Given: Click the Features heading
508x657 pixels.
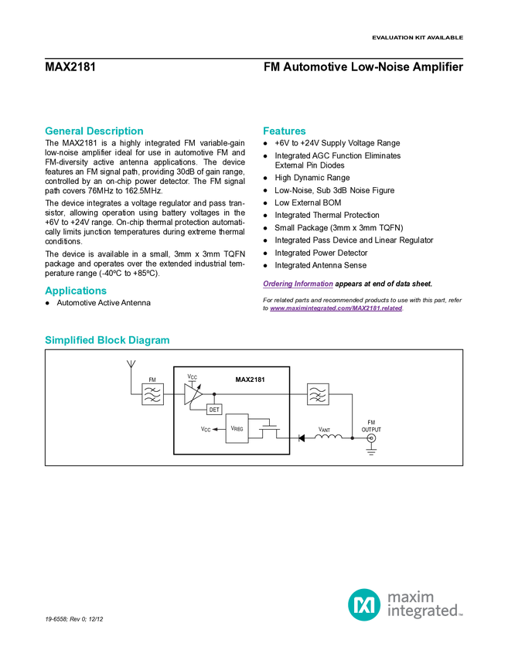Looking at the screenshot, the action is [285, 131].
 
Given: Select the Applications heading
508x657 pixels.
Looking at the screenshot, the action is [76, 291].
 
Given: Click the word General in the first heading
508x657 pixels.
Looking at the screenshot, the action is [63, 131].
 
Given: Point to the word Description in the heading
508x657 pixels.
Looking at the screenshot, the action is [115, 131].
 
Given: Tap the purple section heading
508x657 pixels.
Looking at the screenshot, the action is [297, 284].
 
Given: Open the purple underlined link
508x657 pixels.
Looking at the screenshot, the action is [336, 309].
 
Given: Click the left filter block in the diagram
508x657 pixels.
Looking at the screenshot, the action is [152, 394].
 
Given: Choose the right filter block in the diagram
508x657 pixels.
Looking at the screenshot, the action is [317, 394].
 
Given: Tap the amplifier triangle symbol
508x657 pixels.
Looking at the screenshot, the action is [192, 394].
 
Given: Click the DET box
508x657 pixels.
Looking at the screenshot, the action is [214, 410].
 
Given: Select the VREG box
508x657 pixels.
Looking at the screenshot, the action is [237, 428].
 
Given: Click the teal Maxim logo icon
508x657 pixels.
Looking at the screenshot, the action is [363, 604].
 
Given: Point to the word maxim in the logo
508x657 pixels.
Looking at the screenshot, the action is [411, 596].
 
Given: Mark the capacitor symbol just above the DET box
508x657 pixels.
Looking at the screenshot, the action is [214, 394].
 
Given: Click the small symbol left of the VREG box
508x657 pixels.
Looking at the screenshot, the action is [215, 428].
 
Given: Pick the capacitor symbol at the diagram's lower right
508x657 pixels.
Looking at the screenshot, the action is [352, 438].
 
